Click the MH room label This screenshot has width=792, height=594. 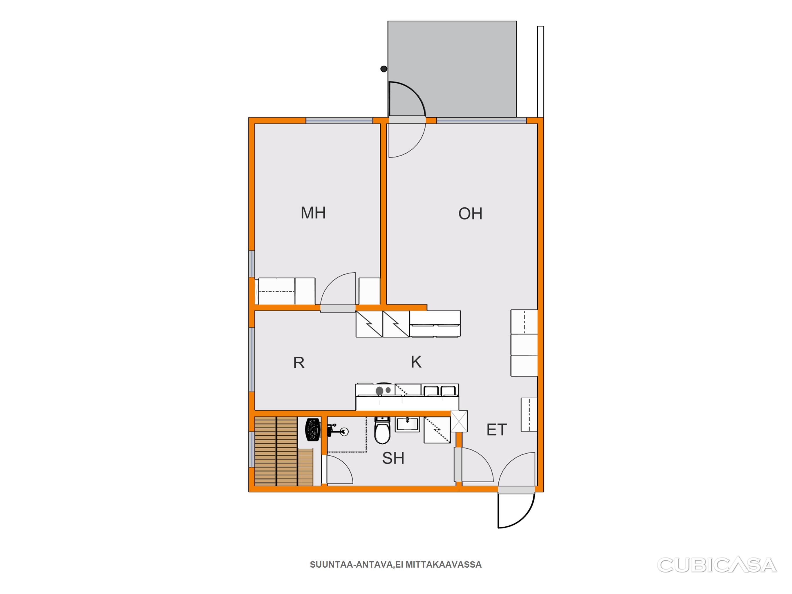pos(313,213)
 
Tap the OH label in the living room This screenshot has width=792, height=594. pos(470,214)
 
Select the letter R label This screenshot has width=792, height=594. pos(299,363)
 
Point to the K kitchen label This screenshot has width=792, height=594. pos(416,362)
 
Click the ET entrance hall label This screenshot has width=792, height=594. pos(497,430)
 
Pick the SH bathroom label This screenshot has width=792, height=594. pos(393,458)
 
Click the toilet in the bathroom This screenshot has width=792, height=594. pos(382,430)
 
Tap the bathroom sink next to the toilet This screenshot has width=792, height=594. pos(407,424)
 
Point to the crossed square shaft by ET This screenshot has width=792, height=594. pos(459,421)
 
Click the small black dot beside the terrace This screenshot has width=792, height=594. pos(384,69)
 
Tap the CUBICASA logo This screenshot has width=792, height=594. pos(717,565)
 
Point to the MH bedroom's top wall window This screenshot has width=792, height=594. pos(339,121)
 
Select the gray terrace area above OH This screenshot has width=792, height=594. pos(452,69)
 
